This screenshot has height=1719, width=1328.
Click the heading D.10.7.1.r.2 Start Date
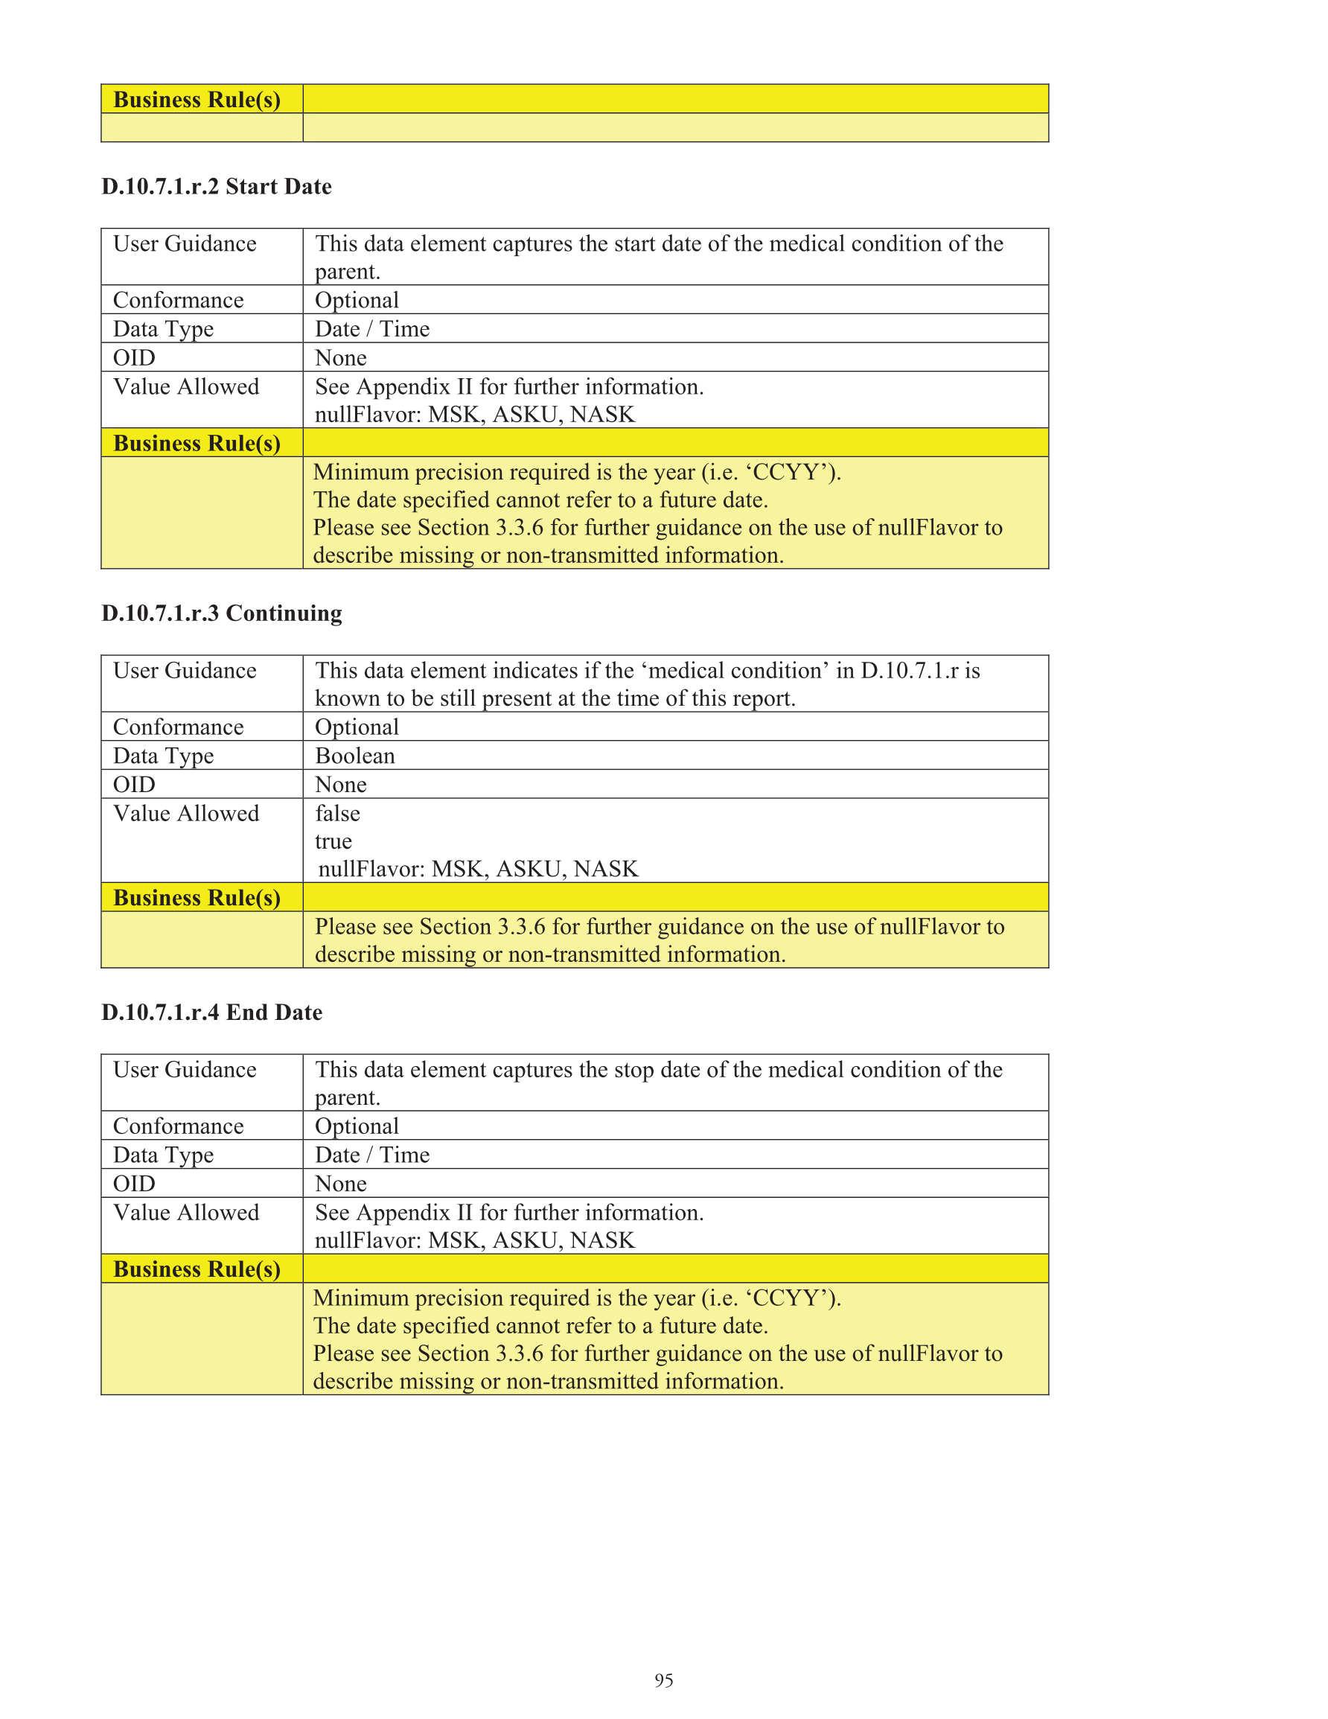(217, 187)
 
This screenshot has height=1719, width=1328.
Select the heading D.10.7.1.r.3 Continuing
(221, 613)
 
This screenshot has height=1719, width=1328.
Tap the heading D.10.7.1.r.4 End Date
(211, 1012)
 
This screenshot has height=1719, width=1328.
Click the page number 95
(663, 1680)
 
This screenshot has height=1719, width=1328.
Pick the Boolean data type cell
(355, 756)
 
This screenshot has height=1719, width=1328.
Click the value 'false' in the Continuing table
(338, 813)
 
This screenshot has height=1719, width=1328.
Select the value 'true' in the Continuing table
(333, 841)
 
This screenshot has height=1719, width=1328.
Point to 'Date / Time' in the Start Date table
(372, 329)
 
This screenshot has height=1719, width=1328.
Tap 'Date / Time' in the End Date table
(372, 1155)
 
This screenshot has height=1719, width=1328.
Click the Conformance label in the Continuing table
(179, 727)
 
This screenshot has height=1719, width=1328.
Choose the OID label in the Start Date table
(135, 358)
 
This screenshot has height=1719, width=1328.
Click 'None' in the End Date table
(341, 1184)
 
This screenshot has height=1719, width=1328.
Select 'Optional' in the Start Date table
(357, 301)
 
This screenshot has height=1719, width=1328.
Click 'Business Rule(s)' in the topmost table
(197, 100)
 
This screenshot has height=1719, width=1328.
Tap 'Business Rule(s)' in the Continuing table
(197, 898)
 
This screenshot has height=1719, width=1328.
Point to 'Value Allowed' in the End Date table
(186, 1213)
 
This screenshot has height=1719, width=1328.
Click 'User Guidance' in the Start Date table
(185, 244)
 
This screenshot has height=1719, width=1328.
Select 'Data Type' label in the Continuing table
(164, 756)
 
